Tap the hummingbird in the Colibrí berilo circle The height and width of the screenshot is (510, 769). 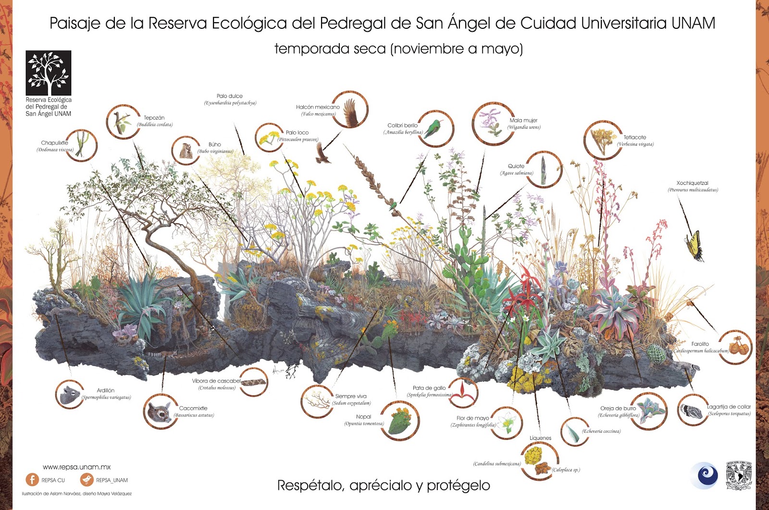[435, 128]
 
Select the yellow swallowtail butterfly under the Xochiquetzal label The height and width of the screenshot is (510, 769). [694, 245]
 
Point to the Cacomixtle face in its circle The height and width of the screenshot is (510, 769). [160, 412]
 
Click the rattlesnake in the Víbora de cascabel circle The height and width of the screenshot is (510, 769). [253, 383]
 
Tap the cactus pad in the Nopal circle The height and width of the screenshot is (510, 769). [400, 421]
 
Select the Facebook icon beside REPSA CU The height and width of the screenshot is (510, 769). [32, 479]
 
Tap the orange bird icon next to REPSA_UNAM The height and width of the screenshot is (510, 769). [87, 479]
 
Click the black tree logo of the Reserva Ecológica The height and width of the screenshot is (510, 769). [49, 73]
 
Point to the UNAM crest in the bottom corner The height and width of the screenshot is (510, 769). [738, 475]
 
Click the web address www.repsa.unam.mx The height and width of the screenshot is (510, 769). [77, 467]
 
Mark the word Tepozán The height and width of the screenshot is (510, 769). [154, 118]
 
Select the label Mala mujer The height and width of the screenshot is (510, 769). [523, 121]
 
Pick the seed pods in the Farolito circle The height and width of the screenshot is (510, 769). [737, 347]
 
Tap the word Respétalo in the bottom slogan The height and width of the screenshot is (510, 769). [310, 486]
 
